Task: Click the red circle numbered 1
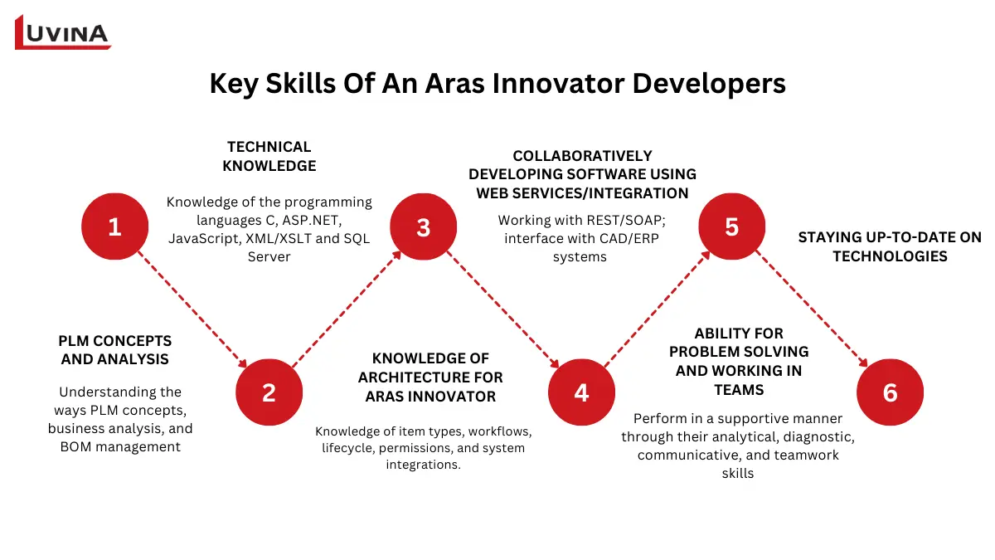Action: pos(114,226)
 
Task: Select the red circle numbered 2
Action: pos(269,392)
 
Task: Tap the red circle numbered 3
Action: pos(424,226)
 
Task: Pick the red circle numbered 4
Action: pos(581,392)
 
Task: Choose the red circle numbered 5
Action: pos(731,226)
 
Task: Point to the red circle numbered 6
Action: pos(890,392)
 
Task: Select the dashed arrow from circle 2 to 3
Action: pos(346,309)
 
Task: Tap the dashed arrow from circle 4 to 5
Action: pos(657,309)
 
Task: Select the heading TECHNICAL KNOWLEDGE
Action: pos(269,156)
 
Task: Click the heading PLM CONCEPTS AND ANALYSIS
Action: pos(115,350)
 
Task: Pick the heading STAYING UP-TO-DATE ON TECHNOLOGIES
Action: pos(889,246)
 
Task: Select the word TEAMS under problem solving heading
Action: pos(739,389)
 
